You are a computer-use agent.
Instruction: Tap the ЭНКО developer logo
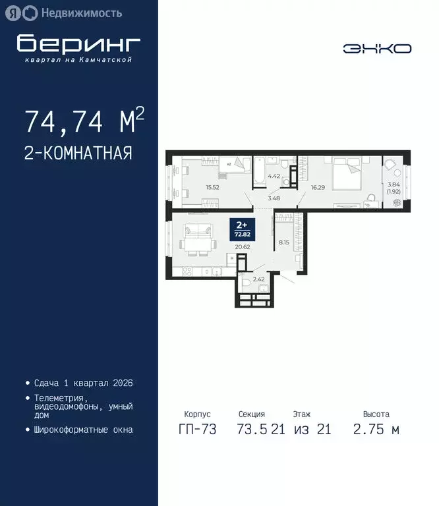[x=377, y=48]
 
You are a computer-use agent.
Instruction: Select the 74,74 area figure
[x=63, y=122]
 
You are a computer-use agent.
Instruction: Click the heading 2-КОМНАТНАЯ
[x=78, y=153]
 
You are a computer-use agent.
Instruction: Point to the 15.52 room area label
[x=212, y=187]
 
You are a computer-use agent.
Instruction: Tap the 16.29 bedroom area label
[x=318, y=187]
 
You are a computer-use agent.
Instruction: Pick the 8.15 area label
[x=284, y=242]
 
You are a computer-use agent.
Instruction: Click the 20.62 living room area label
[x=243, y=247]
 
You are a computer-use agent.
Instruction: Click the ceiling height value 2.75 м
[x=376, y=430]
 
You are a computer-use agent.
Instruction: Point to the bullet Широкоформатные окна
[x=82, y=430]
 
